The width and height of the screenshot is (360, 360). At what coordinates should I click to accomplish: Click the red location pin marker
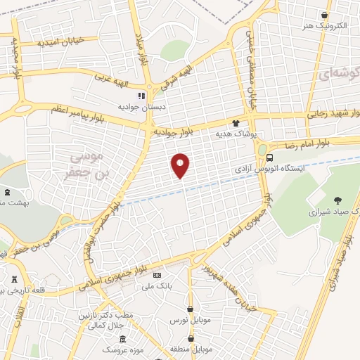181,165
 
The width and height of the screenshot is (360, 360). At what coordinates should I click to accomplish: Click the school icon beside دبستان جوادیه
141,95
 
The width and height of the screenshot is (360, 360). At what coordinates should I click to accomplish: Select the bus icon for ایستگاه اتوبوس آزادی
262,150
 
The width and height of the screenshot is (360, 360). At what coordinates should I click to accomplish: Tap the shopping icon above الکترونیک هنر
324,15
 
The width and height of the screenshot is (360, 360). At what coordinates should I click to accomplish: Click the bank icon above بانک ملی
157,275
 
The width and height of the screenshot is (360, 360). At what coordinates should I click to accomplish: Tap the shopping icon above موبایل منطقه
190,337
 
